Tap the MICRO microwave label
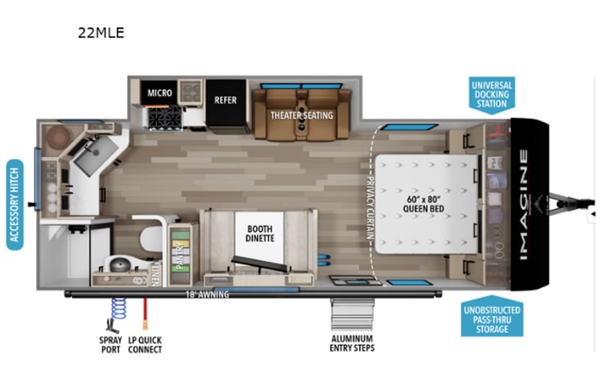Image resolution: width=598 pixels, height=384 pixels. point(160,93)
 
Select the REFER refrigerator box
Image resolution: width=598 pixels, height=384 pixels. point(226,100)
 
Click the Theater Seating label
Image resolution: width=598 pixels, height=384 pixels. point(302,115)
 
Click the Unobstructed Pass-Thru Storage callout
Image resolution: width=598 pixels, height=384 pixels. point(490,318)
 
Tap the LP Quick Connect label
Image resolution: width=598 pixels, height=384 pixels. point(146,344)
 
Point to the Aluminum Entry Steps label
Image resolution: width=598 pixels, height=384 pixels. point(352,344)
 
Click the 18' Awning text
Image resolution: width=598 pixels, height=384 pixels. point(206,293)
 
